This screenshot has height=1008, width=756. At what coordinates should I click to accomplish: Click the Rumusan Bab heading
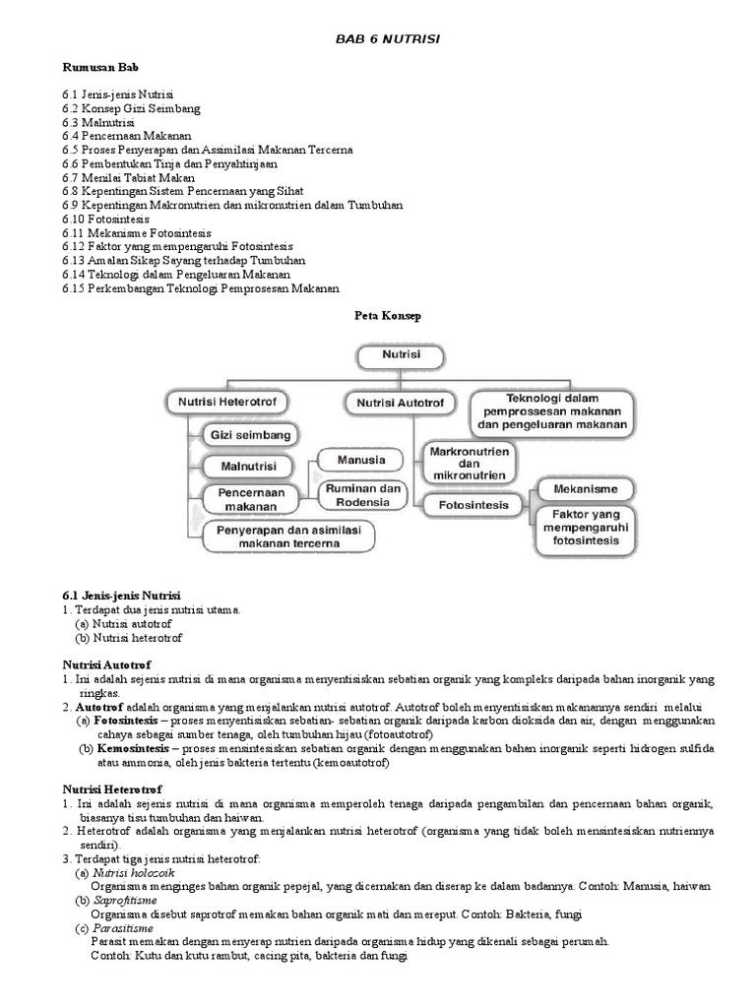99,69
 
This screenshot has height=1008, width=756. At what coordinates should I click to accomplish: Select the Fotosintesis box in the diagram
468,505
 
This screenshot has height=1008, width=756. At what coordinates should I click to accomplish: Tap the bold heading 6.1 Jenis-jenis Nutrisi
122,597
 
